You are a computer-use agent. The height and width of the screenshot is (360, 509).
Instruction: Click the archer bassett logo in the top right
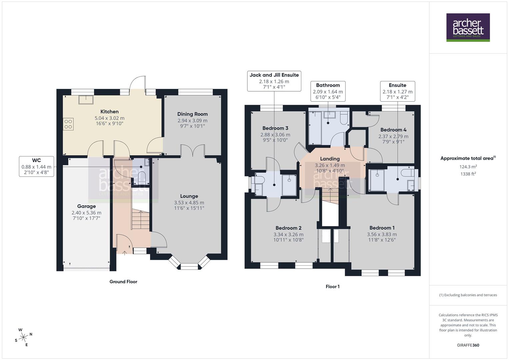coord(468,27)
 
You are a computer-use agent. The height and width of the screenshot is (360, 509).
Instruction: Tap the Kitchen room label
coord(109,112)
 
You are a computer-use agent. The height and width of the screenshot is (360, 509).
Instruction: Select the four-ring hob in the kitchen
coord(68,124)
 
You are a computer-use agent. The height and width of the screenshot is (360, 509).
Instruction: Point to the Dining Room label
coord(192,114)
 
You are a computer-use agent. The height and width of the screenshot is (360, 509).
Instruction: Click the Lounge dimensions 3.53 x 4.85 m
coord(189,203)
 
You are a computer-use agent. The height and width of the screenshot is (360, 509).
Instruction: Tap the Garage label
coord(86,206)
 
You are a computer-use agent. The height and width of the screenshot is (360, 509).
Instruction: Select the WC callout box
coord(36,166)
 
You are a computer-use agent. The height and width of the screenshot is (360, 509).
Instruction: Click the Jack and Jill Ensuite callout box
coord(274,81)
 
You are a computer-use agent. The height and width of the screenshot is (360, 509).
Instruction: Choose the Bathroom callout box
coord(328,91)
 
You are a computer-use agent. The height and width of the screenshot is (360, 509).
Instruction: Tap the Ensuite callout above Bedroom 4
coord(397,91)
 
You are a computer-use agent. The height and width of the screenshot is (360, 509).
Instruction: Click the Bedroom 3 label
coord(275,128)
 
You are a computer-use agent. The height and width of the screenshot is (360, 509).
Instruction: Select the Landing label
coord(330,159)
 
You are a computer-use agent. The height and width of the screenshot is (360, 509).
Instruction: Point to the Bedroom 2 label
coord(288,228)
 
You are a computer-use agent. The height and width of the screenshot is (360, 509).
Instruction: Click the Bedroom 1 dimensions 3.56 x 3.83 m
coord(382,234)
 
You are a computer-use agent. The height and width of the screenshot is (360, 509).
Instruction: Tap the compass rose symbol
coord(23,337)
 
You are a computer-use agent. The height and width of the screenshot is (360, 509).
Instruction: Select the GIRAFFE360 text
coord(468,345)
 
